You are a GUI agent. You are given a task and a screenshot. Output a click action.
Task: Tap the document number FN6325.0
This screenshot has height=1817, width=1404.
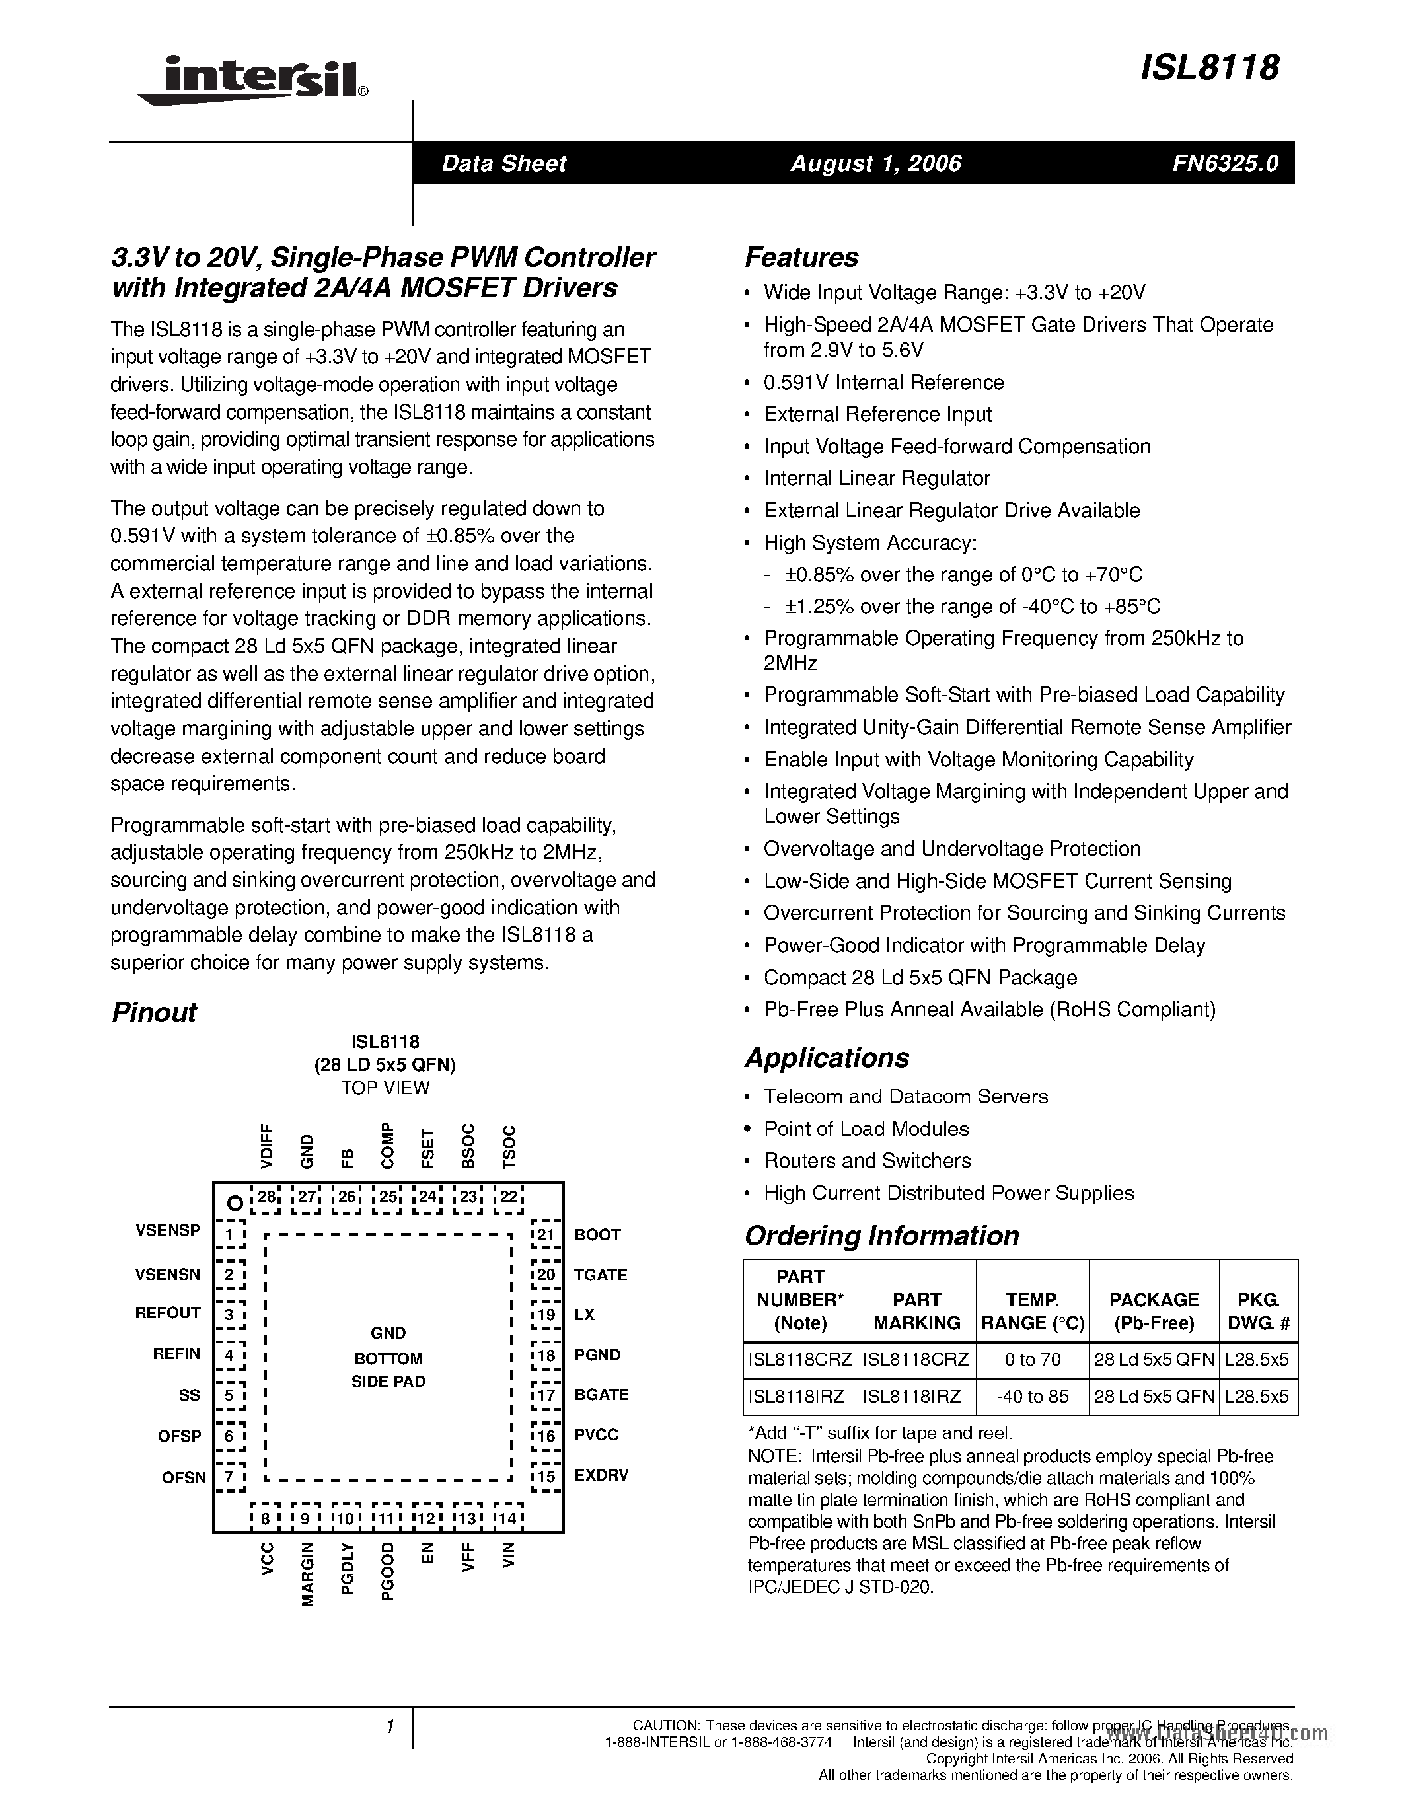click(x=1225, y=163)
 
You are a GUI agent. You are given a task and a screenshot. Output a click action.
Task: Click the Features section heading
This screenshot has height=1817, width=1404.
click(x=801, y=257)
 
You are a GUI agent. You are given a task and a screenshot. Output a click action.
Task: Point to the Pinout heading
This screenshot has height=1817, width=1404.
click(x=154, y=1012)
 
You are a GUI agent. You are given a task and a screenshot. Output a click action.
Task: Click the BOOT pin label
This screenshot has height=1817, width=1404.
click(x=597, y=1235)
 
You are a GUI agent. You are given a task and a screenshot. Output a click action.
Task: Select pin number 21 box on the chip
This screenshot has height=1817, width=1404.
click(x=546, y=1235)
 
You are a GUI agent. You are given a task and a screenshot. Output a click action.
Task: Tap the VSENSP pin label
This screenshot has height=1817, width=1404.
click(x=168, y=1230)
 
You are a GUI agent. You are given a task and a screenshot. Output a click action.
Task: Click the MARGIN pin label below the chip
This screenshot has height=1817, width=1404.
click(x=308, y=1574)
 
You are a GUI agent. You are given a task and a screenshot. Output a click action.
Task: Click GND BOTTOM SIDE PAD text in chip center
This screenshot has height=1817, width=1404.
click(x=388, y=1358)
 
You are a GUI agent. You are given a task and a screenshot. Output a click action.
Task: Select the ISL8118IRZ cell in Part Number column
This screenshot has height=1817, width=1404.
click(x=797, y=1397)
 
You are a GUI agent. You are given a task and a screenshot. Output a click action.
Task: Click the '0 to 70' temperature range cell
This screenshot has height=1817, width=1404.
click(x=1031, y=1359)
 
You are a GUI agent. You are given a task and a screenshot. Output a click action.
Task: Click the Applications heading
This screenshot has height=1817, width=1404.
click(x=826, y=1058)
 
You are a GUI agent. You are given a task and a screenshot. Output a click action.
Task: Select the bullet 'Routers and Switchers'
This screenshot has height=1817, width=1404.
click(x=867, y=1161)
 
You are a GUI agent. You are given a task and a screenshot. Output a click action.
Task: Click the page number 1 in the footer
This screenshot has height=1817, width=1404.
click(x=389, y=1727)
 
